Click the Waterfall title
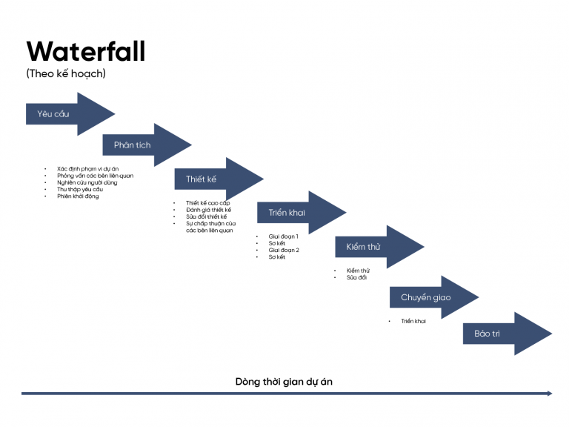click(x=85, y=52)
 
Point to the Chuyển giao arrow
click(x=426, y=297)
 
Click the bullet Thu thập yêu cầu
click(x=80, y=189)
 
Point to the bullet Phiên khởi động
click(x=78, y=196)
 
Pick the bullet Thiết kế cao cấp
click(x=208, y=203)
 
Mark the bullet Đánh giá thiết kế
click(x=208, y=210)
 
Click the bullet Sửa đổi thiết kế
click(x=207, y=216)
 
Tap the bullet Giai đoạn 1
click(x=284, y=236)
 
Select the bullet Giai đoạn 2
click(x=284, y=250)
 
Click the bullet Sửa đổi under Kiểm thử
click(x=356, y=277)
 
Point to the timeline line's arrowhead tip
click(x=551, y=394)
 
